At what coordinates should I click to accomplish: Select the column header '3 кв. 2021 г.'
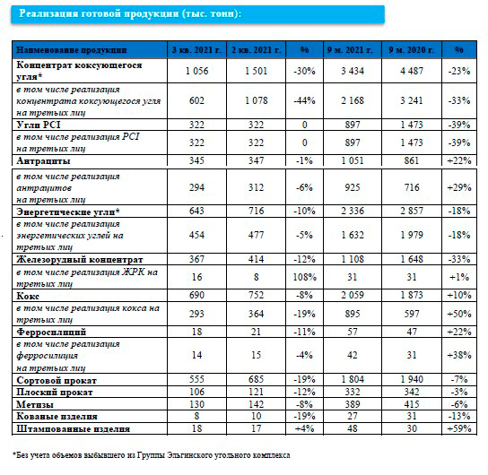pyautogui.click(x=196, y=49)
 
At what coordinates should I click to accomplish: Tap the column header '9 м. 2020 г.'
pyautogui.click(x=412, y=49)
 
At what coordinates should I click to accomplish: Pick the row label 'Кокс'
pyautogui.click(x=28, y=296)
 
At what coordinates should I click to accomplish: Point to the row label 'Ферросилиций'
pyautogui.click(x=51, y=332)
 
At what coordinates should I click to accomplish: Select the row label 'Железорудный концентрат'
pyautogui.click(x=80, y=259)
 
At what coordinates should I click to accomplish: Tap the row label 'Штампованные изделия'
pyautogui.click(x=74, y=429)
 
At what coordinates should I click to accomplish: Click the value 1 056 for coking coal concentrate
pyautogui.click(x=196, y=71)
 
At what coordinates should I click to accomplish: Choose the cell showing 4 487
pyautogui.click(x=412, y=71)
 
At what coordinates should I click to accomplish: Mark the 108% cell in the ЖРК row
pyautogui.click(x=305, y=277)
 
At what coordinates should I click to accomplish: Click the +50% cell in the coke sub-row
pyautogui.click(x=459, y=314)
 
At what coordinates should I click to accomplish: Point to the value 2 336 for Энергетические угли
pyautogui.click(x=353, y=211)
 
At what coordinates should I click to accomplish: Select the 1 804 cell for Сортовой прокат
pyautogui.click(x=353, y=379)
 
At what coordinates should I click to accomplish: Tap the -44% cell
pyautogui.click(x=304, y=100)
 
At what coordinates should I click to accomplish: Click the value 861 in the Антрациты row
pyautogui.click(x=412, y=160)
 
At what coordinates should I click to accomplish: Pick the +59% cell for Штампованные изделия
pyautogui.click(x=459, y=428)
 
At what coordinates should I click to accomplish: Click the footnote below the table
pyautogui.click(x=152, y=455)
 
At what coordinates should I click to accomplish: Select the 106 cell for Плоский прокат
pyautogui.click(x=196, y=392)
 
